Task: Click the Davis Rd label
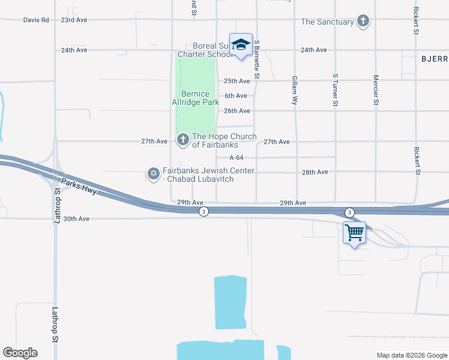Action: (x=35, y=20)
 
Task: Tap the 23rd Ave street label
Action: (x=74, y=20)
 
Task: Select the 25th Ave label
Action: (x=237, y=81)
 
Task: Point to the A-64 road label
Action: (x=236, y=158)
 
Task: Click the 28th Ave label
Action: (x=315, y=172)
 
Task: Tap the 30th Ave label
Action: (x=76, y=219)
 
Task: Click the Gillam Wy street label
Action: (x=295, y=91)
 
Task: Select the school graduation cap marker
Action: (x=241, y=45)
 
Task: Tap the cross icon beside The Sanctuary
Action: (x=363, y=22)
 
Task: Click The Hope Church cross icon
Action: (x=182, y=140)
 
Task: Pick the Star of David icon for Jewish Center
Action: (x=152, y=174)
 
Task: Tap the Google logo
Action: (x=20, y=353)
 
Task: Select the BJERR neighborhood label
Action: (x=435, y=59)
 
